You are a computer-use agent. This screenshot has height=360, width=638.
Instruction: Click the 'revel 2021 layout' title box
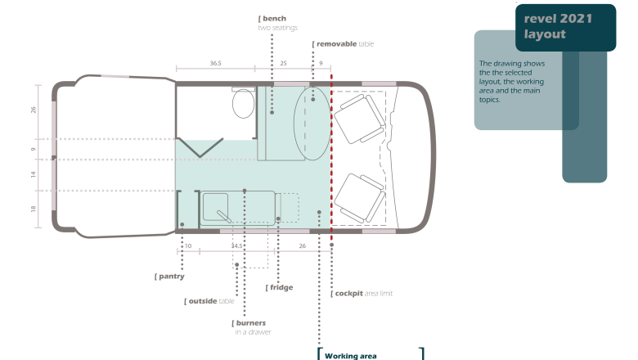(565, 27)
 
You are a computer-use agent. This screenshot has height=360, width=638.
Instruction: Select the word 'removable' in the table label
(336, 44)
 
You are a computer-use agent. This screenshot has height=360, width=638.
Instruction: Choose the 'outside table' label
(209, 301)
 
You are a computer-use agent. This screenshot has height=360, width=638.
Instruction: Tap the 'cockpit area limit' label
(362, 293)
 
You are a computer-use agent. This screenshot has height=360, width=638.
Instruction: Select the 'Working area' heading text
(351, 356)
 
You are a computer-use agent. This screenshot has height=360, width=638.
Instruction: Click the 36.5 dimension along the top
(216, 63)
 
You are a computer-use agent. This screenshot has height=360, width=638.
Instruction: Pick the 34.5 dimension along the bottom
(237, 245)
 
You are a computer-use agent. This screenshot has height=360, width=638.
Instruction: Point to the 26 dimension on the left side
(33, 110)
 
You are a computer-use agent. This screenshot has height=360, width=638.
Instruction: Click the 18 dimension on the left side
(33, 209)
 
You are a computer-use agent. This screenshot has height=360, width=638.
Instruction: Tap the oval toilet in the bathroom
(243, 104)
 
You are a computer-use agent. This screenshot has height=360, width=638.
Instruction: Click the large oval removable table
(312, 124)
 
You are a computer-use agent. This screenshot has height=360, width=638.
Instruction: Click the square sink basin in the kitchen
(216, 207)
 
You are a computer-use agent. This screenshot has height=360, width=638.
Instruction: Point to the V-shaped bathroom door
(200, 147)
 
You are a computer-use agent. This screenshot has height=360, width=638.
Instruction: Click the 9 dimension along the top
(321, 63)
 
